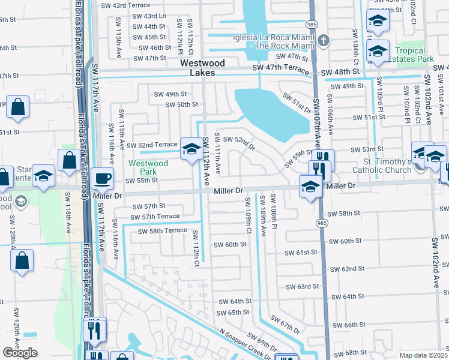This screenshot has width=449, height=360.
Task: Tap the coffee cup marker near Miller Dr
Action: click(x=102, y=178)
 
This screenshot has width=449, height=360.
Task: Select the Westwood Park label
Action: click(x=148, y=167)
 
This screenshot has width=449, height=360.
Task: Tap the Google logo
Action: click(x=20, y=353)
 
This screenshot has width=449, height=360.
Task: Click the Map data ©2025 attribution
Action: click(x=423, y=355)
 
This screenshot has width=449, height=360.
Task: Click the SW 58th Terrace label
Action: click(x=161, y=231)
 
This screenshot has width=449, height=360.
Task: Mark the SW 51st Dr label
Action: click(x=297, y=103)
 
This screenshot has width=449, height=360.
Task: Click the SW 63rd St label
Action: click(x=301, y=287)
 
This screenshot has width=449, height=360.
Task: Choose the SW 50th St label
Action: click(x=182, y=104)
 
